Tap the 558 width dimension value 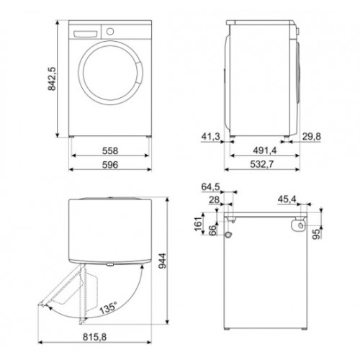(109, 152)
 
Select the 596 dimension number (109, 166)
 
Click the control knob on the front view (110, 32)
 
